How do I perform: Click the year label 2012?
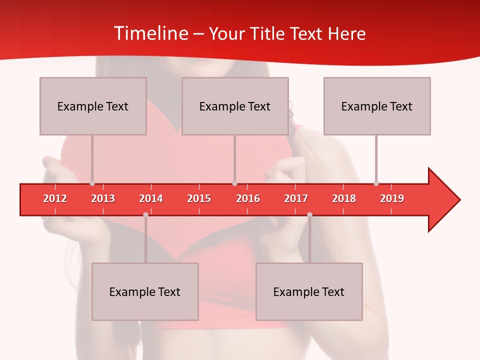pos(55,198)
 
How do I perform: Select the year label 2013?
pos(103,198)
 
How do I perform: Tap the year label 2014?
pos(151,198)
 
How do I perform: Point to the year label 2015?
pos(199,198)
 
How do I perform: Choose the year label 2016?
pos(248,198)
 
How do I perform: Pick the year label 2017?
pos(296,198)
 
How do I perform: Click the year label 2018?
pos(344,198)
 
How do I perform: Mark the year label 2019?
pos(392,198)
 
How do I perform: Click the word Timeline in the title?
pos(150,33)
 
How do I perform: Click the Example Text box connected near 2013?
pos(93,106)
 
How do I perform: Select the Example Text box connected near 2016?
pos(235,106)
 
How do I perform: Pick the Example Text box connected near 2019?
pos(377,106)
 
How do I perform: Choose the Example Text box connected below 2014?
pos(145,291)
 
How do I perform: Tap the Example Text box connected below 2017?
pos(309,291)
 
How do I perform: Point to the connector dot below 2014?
pos(145,214)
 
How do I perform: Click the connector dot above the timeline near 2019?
pos(376,183)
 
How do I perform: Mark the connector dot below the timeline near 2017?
pos(309,214)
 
